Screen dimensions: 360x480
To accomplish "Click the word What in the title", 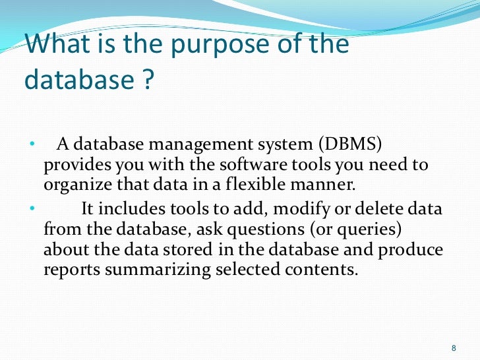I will tap(63, 45).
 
